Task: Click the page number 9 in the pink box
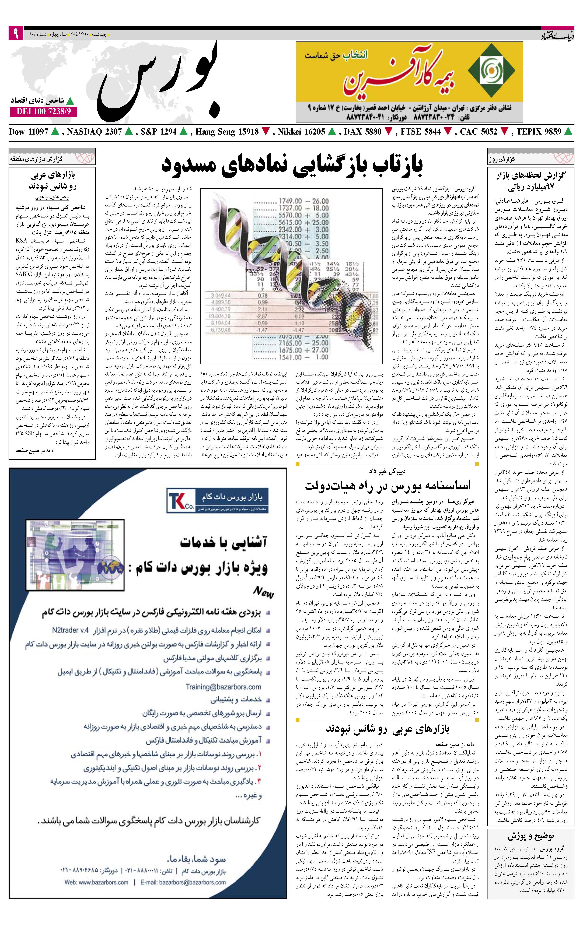(15, 34)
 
